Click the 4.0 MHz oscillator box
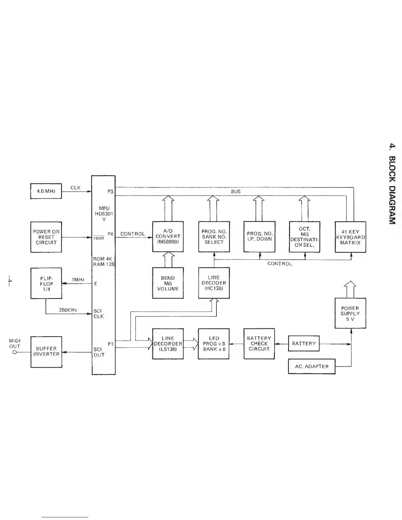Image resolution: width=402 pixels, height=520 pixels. tap(46, 191)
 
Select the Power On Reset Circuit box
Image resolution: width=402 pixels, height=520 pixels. tap(46, 237)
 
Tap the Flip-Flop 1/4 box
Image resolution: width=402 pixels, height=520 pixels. tap(46, 283)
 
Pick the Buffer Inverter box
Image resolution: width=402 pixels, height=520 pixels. tap(46, 352)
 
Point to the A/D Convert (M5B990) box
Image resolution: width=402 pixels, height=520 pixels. tap(168, 237)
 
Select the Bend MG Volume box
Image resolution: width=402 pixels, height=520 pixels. tap(168, 283)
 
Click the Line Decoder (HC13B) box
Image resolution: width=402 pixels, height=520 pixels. tap(214, 283)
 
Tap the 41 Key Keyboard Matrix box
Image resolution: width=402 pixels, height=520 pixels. tap(350, 237)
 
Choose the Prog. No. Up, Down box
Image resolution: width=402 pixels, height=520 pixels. tap(259, 237)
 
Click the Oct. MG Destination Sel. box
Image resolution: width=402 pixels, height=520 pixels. tap(304, 237)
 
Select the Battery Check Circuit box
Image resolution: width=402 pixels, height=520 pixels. tap(259, 344)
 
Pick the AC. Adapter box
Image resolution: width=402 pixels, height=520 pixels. tap(312, 366)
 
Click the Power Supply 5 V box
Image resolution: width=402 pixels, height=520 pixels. tap(350, 313)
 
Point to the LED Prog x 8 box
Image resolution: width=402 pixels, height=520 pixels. tap(214, 344)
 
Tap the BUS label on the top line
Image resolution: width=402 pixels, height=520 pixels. tap(235, 191)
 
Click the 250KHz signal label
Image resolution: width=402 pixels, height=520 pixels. tap(68, 310)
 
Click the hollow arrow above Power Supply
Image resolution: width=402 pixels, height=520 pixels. tap(350, 288)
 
